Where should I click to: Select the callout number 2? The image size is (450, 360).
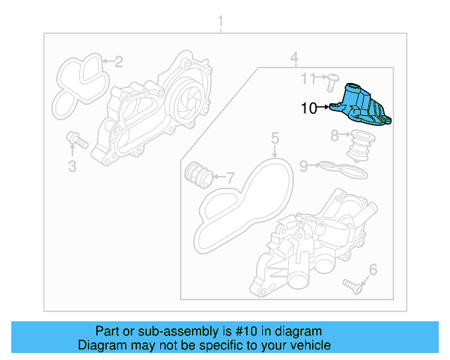point(119,62)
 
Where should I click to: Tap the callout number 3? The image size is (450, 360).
point(72,166)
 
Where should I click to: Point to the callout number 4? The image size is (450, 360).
point(295,57)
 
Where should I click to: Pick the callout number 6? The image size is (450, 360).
point(373,269)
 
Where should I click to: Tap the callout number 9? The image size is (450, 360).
point(304,166)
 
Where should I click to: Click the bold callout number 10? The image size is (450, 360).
point(309,108)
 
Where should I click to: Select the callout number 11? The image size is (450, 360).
point(309,77)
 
